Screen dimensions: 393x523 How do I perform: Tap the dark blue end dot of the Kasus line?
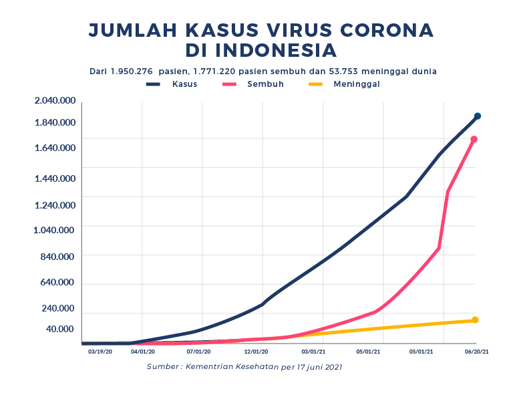[478, 116]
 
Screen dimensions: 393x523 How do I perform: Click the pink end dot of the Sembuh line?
[474, 140]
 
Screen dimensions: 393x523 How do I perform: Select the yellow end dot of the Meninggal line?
[475, 320]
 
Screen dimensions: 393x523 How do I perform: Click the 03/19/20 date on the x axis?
[100, 351]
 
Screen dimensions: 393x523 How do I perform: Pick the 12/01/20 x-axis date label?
[256, 351]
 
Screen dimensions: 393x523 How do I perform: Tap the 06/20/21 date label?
[476, 351]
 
